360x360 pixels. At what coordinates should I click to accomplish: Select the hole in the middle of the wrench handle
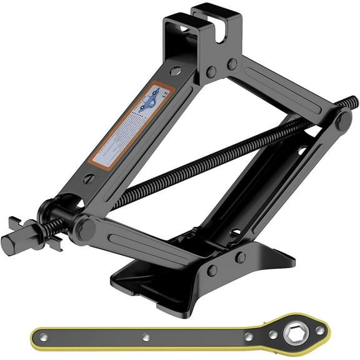145,337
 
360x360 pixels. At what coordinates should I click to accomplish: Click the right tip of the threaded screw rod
354,100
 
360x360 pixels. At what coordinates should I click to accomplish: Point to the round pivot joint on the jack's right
342,119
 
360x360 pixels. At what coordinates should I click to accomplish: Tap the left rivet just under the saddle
213,71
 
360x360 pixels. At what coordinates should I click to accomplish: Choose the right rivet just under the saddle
232,64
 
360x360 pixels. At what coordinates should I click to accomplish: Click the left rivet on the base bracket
213,269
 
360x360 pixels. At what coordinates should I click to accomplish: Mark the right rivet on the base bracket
240,257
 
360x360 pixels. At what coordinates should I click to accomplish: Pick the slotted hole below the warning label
89,180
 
